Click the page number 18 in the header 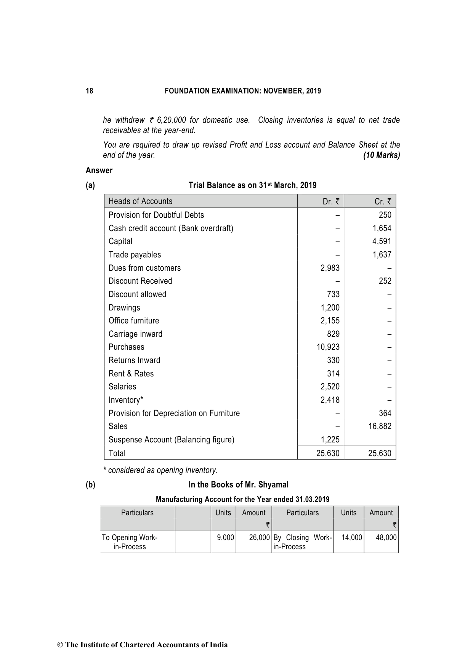(89, 91)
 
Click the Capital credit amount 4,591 (382, 241)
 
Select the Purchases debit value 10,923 (328, 347)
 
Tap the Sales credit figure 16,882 (380, 426)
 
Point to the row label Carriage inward (135, 334)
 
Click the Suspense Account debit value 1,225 (330, 440)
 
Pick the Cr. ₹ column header (383, 201)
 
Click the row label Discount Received (140, 281)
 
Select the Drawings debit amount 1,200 (330, 308)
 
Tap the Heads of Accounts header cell (140, 201)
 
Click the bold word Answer (99, 170)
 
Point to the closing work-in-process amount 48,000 (386, 538)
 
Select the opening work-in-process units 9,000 (225, 538)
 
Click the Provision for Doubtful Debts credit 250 (385, 215)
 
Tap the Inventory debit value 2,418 (330, 400)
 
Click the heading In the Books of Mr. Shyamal (238, 485)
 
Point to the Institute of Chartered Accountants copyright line (143, 645)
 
